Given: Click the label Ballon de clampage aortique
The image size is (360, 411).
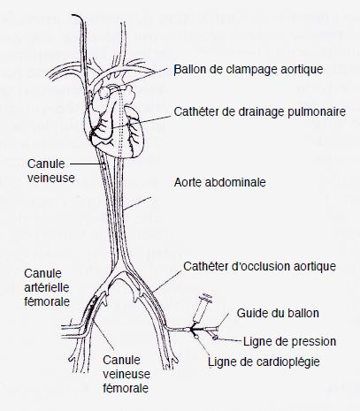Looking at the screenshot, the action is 249,70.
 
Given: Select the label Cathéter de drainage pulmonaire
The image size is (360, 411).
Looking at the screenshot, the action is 259,112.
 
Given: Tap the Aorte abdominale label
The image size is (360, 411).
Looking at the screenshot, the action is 220,182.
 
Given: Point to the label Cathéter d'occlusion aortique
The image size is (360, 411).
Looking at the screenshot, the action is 259,266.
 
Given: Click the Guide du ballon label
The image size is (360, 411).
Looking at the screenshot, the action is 278,313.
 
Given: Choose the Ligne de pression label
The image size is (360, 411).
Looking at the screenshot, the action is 289,342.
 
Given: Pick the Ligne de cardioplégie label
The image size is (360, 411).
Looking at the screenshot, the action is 264,362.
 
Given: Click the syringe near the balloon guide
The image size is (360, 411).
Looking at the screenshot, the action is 203,308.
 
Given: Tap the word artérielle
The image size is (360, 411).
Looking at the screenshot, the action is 47,287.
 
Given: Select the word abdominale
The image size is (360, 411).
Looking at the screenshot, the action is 235,182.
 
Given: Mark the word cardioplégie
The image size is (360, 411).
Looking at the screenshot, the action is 288,362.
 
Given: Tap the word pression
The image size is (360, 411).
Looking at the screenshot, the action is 314,342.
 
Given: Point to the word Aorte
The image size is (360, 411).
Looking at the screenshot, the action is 188,182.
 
